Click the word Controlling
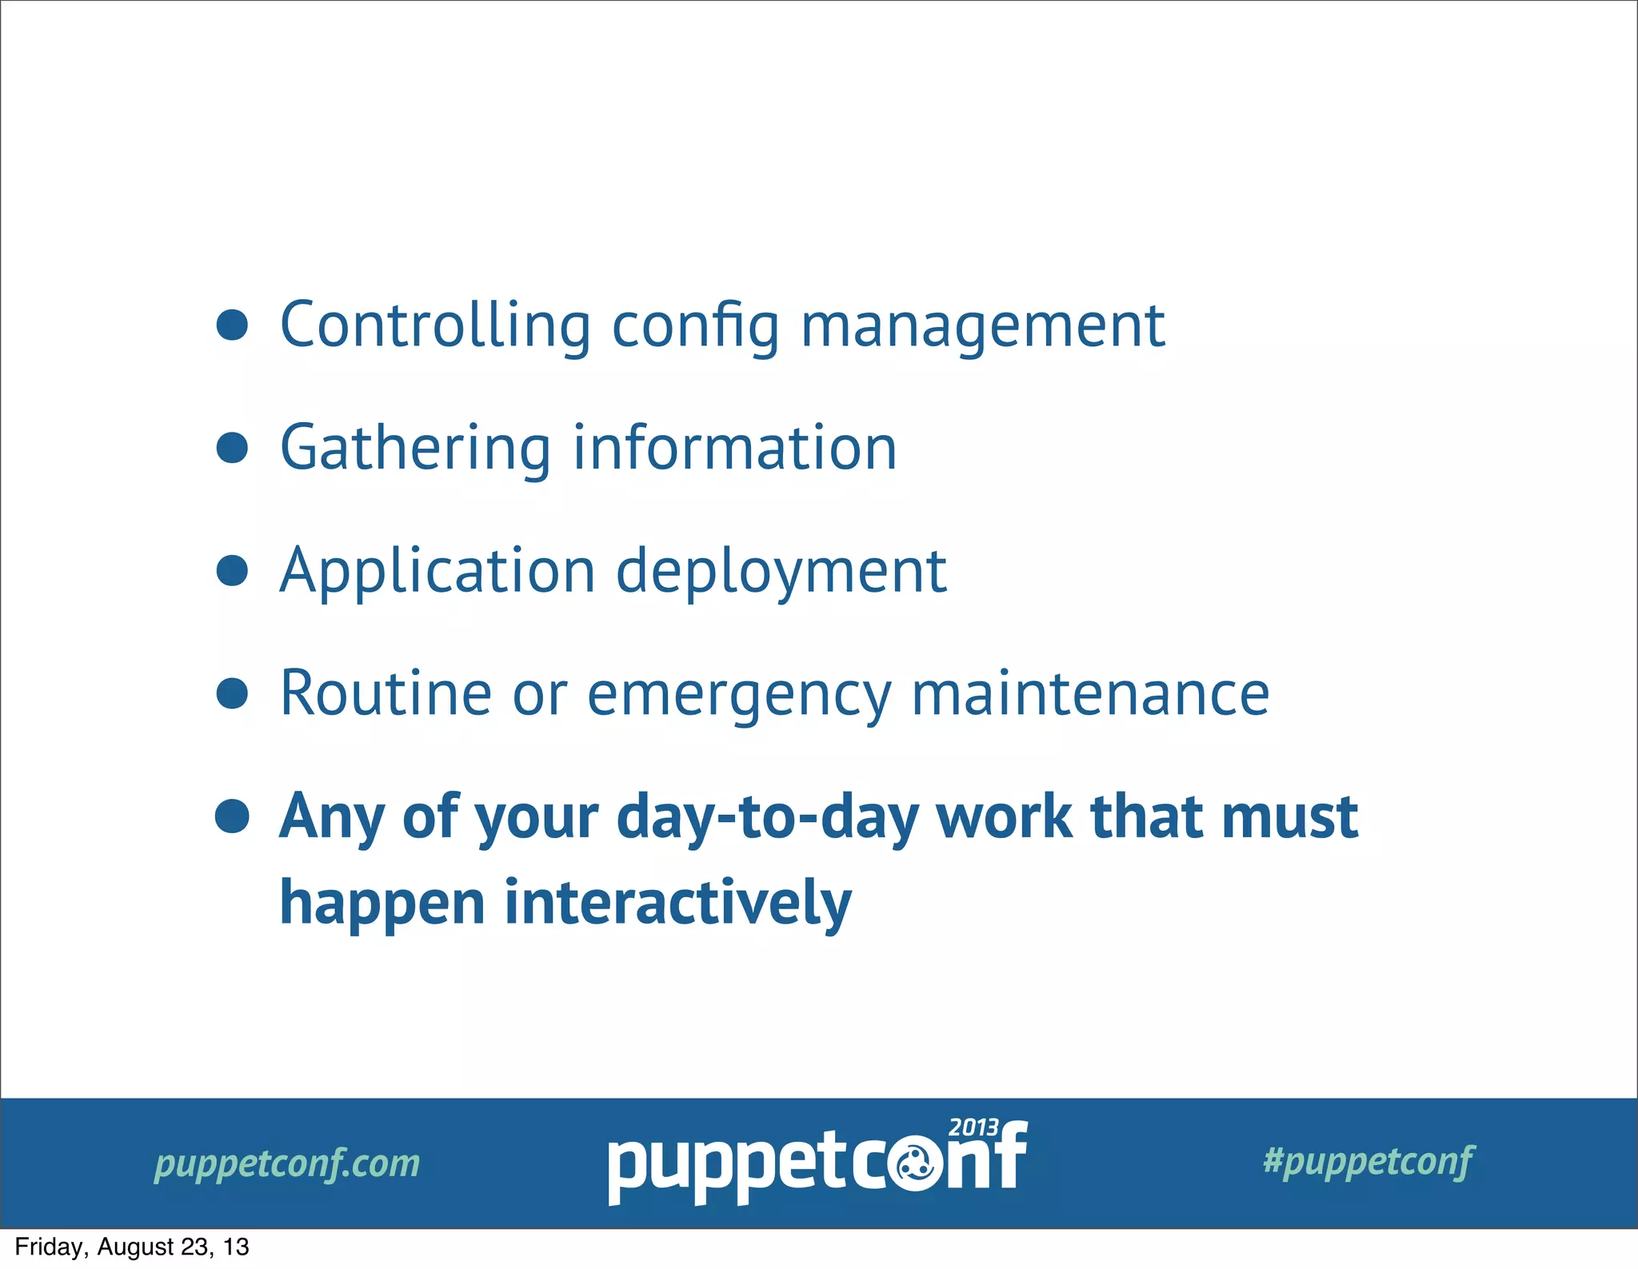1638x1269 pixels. click(436, 325)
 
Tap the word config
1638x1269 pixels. click(695, 325)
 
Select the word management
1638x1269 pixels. click(983, 325)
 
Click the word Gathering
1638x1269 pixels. click(414, 448)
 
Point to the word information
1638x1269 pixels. click(735, 448)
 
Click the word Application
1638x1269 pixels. click(437, 571)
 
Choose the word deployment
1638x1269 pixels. click(781, 571)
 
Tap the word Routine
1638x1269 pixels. click(386, 693)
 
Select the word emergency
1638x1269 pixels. click(739, 693)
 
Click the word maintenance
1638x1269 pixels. click(1090, 693)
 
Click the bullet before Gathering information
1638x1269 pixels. click(232, 448)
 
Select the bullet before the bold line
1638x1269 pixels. click(232, 816)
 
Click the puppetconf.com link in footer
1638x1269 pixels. click(287, 1163)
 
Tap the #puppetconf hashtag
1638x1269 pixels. click(1368, 1161)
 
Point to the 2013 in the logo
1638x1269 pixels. click(973, 1127)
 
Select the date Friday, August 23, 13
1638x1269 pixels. click(132, 1247)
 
